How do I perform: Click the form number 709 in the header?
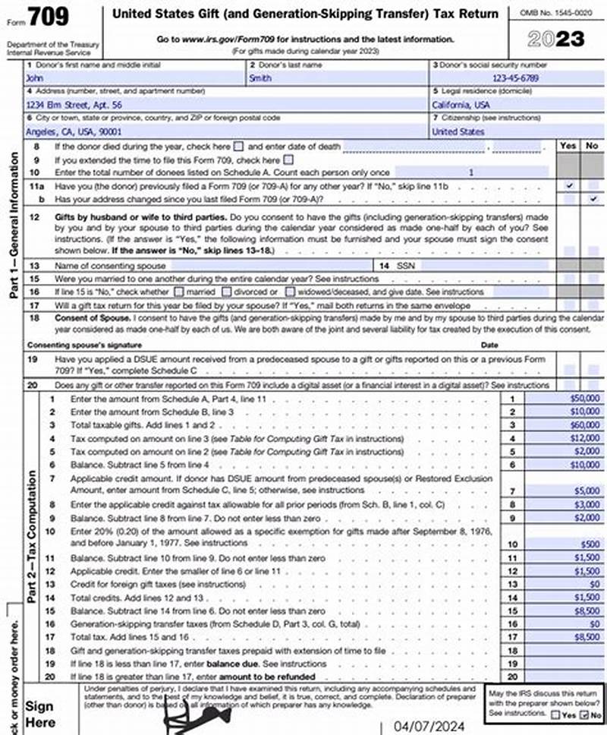click(47, 17)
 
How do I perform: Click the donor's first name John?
click(36, 78)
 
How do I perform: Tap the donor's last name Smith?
click(259, 78)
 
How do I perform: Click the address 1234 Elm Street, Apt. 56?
click(74, 105)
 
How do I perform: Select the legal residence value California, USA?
click(461, 105)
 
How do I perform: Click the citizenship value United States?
click(458, 131)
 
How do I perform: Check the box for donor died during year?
click(239, 146)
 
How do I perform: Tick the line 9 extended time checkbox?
click(288, 159)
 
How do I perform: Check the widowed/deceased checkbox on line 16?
click(290, 292)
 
